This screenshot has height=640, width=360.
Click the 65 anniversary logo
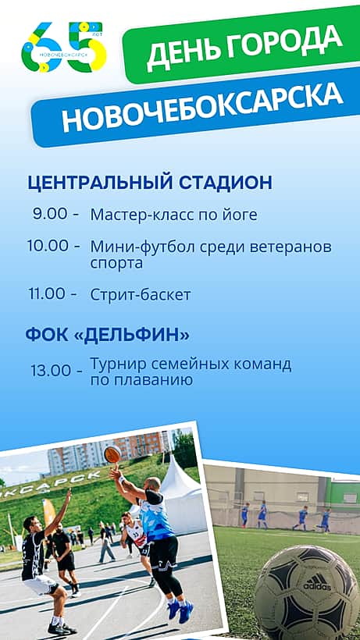(x=64, y=48)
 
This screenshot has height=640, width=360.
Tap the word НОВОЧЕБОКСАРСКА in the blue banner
(x=202, y=108)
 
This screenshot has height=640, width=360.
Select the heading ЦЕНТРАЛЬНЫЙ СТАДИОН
(x=150, y=183)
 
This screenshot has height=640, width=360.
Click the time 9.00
(x=50, y=215)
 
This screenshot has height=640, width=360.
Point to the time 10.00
(x=48, y=246)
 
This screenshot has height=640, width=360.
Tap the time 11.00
(x=47, y=293)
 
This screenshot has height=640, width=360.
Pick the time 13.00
(x=51, y=371)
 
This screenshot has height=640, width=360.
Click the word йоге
(x=240, y=215)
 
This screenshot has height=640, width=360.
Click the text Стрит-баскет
(x=141, y=295)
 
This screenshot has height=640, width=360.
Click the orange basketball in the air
(x=112, y=454)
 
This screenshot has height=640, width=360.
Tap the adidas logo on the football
(x=317, y=582)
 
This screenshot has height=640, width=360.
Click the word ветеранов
(x=290, y=247)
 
